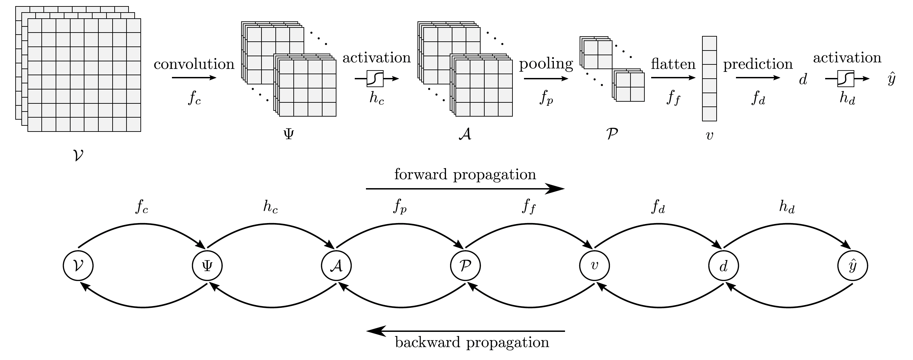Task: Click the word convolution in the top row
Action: pos(194,64)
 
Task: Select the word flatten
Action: pos(673,64)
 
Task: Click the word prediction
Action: pos(758,64)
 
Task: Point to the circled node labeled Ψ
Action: pos(207,266)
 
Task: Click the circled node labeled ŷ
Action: pos(853,266)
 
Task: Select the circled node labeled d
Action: pos(724,266)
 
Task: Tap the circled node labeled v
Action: pos(595,266)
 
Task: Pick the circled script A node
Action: pos(336,266)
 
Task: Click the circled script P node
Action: pos(465,266)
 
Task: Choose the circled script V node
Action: pos(78,266)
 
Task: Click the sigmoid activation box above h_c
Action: pos(375,79)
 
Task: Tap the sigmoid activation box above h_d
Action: pos(846,79)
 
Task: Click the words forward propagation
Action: pos(465,175)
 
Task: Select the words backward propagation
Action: pos(472,342)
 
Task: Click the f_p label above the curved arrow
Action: pos(400,207)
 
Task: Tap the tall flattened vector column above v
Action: pos(710,79)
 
